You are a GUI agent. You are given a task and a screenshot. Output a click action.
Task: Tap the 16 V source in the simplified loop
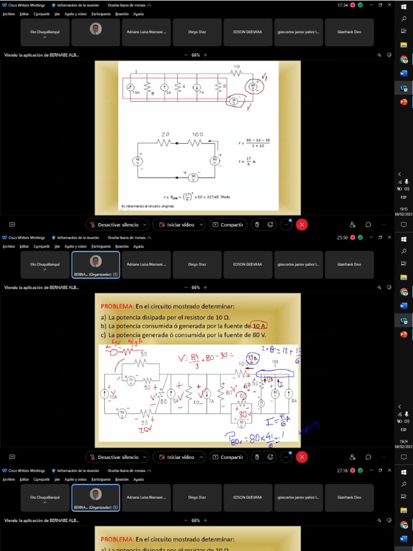pos(138,160)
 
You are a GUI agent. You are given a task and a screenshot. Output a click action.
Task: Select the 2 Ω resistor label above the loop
pos(165,133)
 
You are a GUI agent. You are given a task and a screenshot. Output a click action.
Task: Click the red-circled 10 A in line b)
pos(259,326)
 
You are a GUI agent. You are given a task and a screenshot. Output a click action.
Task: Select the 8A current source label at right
pos(294,401)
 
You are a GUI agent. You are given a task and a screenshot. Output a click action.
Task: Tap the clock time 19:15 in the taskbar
pos(403,209)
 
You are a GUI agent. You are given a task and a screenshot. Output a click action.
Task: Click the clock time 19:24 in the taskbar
pos(403,441)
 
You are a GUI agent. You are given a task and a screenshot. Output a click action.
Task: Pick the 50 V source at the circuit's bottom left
pos(123,413)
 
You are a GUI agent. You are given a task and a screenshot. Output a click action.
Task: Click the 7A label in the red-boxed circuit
pos(202,93)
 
